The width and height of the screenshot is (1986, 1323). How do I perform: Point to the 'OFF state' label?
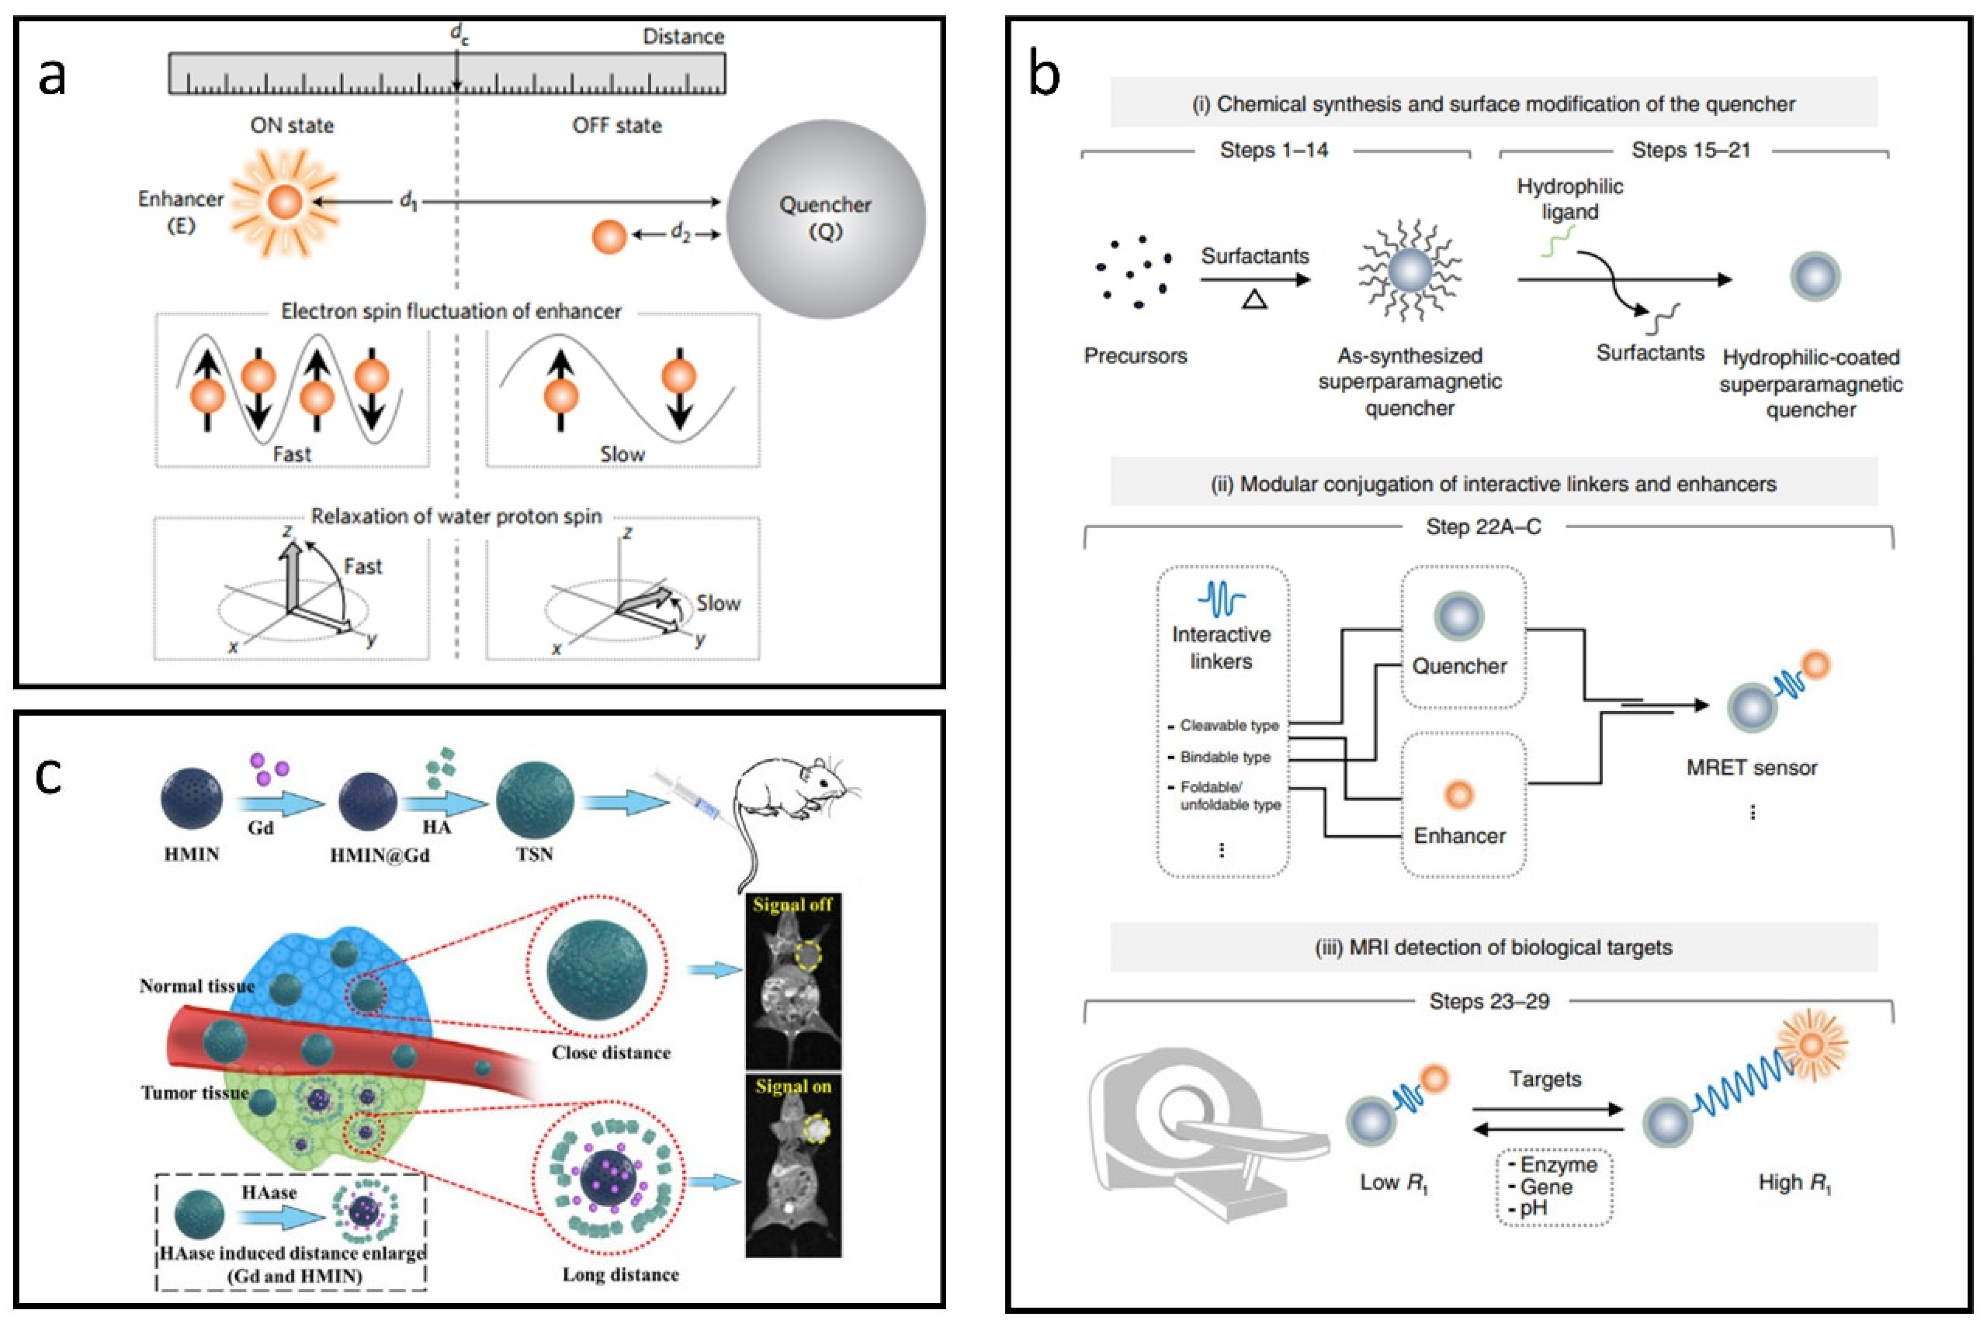pyautogui.click(x=616, y=126)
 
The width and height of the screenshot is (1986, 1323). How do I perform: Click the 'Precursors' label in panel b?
pyautogui.click(x=1135, y=356)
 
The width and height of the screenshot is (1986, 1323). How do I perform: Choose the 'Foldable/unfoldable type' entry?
pyautogui.click(x=1230, y=796)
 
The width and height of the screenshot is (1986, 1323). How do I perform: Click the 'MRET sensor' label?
pyautogui.click(x=1751, y=768)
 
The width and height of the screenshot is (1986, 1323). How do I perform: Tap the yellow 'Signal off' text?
pyautogui.click(x=792, y=905)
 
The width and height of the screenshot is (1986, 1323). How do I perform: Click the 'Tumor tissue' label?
pyautogui.click(x=195, y=1093)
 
